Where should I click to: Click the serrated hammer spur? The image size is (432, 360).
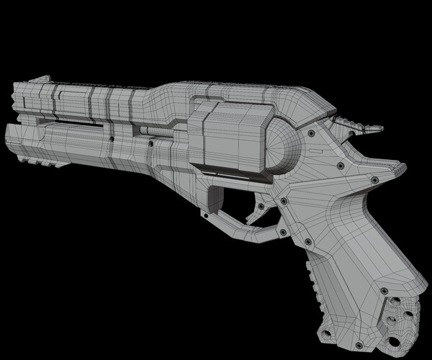pyautogui.click(x=360, y=125)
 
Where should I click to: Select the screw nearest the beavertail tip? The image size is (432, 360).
pyautogui.click(x=374, y=178)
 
